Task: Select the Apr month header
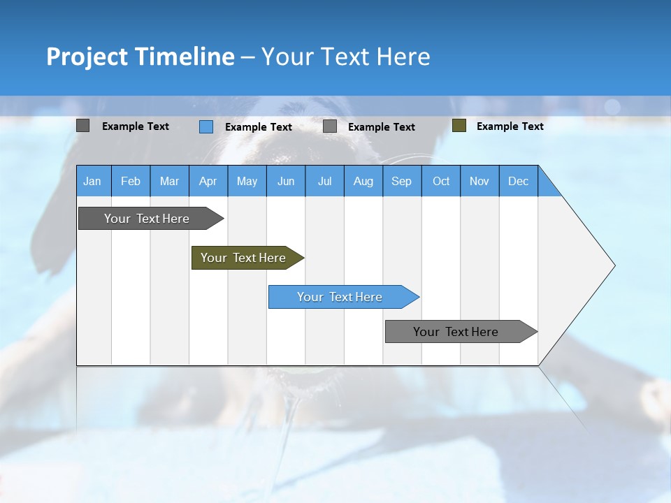208,181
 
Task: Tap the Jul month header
325,181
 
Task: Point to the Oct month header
441,181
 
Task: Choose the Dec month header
519,181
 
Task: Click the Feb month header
131,181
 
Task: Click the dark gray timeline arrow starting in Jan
151,219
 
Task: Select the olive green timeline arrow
248,258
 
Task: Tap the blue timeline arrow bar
344,297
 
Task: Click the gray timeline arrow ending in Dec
461,331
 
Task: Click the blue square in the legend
206,126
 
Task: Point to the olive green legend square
459,126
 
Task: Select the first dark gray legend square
82,126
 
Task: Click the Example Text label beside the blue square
259,127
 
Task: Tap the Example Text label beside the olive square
510,126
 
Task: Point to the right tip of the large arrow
615,265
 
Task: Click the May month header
247,181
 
